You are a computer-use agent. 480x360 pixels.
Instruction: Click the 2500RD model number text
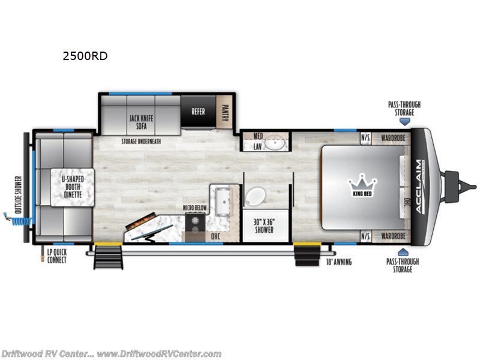point(85,57)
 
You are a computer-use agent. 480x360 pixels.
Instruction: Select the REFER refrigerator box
point(198,111)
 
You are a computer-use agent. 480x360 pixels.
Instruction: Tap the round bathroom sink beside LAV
point(276,143)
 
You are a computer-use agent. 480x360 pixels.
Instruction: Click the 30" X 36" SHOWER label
point(263,226)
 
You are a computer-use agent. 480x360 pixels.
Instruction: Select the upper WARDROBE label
point(394,137)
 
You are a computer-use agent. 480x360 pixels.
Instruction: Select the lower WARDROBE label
point(394,236)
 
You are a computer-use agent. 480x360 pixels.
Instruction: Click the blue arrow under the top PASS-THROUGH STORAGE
point(405,121)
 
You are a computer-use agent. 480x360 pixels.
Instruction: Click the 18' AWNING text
point(338,262)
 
